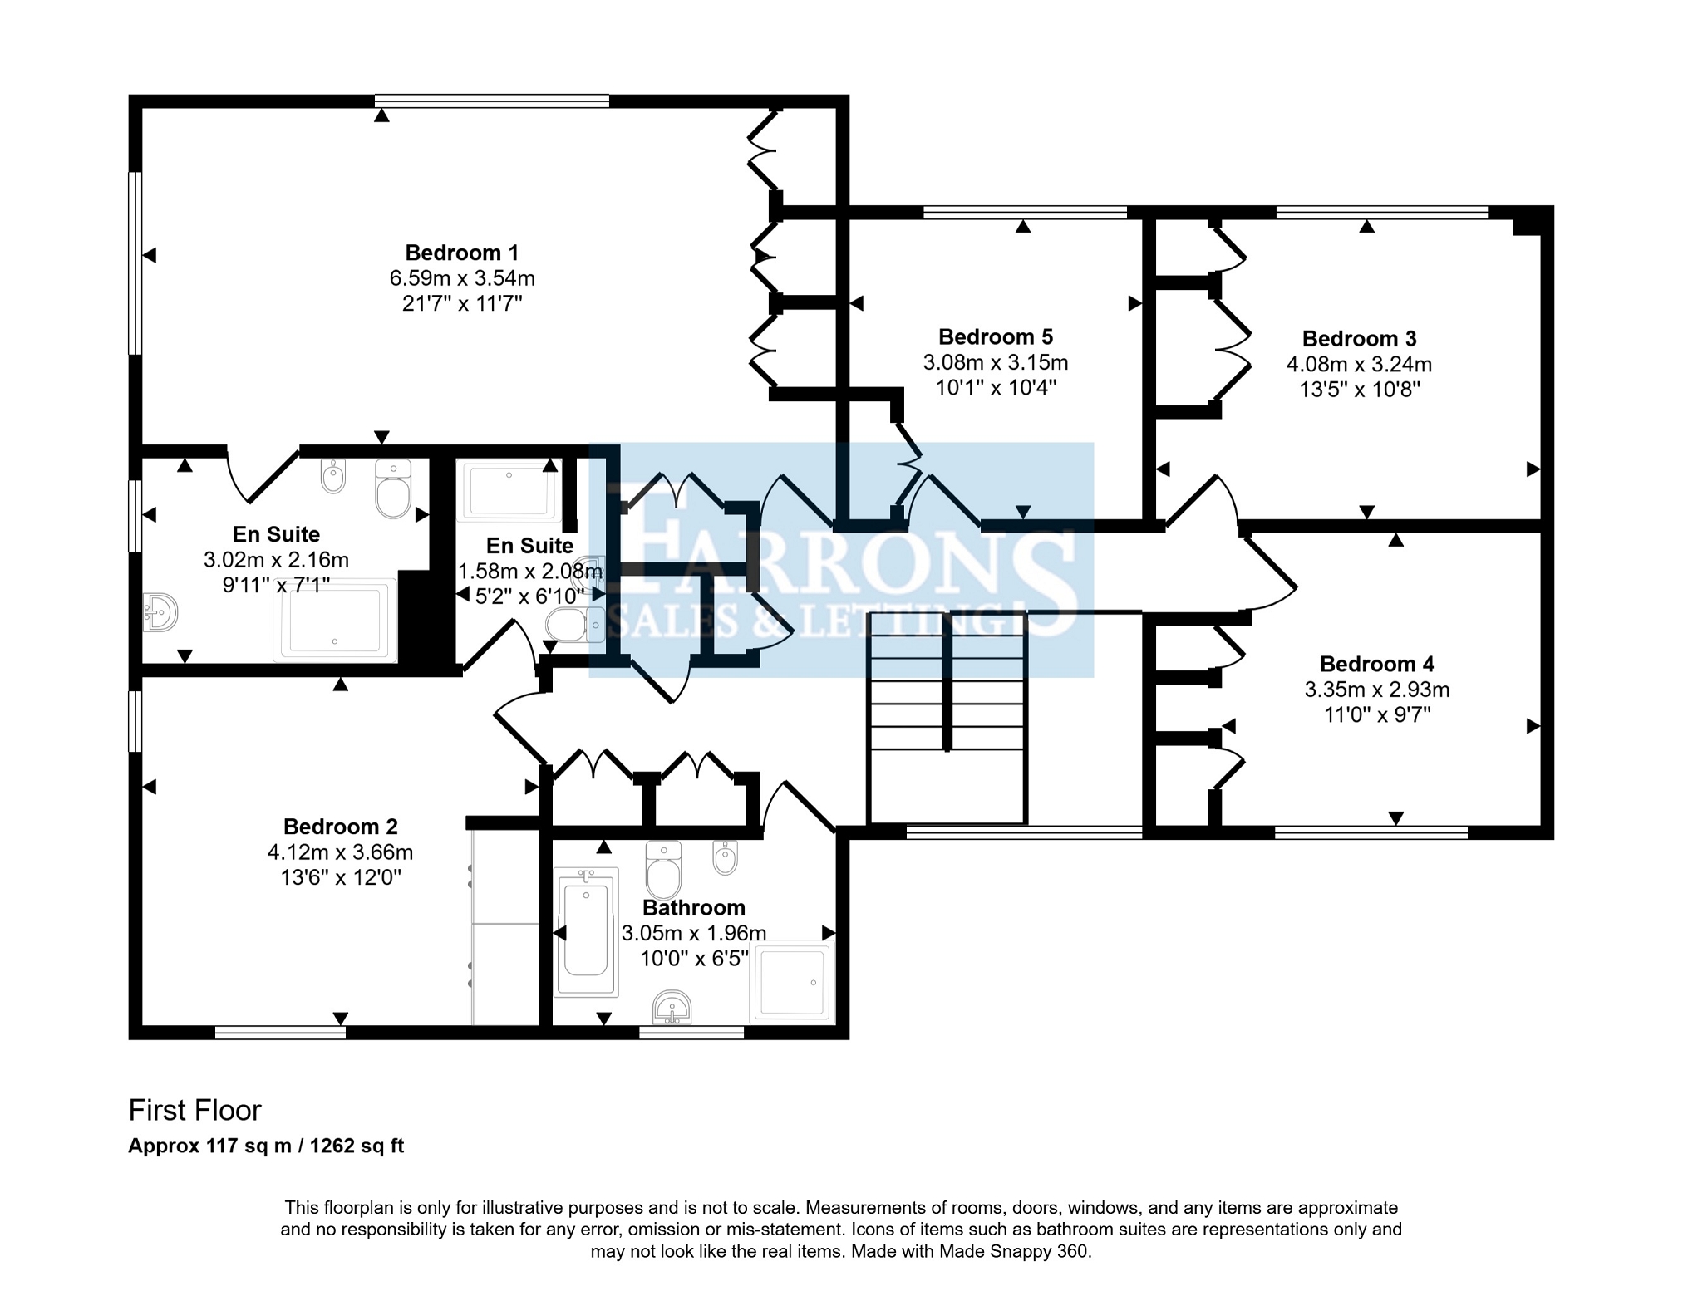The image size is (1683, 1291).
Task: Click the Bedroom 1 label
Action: pyautogui.click(x=462, y=253)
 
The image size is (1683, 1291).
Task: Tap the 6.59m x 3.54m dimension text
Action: pyautogui.click(x=462, y=278)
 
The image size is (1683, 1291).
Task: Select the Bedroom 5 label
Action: pyautogui.click(x=996, y=337)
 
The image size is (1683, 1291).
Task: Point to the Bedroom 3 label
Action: pyautogui.click(x=1360, y=339)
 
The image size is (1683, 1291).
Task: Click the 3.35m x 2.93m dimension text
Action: pyautogui.click(x=1377, y=690)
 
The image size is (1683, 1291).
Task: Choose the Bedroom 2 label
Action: pyautogui.click(x=341, y=827)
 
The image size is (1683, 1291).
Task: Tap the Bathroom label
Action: pyautogui.click(x=694, y=908)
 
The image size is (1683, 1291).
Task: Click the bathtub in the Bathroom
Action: pyautogui.click(x=587, y=931)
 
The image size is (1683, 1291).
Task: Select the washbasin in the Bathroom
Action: pyautogui.click(x=672, y=1007)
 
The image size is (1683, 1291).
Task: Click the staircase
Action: pyautogui.click(x=947, y=718)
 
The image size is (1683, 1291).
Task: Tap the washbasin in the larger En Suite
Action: pyautogui.click(x=160, y=613)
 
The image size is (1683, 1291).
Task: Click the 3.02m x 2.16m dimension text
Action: pyautogui.click(x=276, y=560)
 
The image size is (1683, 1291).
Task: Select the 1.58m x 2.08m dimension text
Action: pyautogui.click(x=530, y=572)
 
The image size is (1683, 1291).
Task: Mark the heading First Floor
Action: pyautogui.click(x=194, y=1111)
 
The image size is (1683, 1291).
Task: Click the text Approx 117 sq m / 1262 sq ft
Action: pyautogui.click(x=266, y=1146)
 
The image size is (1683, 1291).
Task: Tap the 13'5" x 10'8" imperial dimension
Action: pyautogui.click(x=1360, y=390)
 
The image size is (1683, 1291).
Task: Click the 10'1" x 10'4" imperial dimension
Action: pyautogui.click(x=996, y=388)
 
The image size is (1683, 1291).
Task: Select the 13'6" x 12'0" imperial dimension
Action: pyautogui.click(x=341, y=878)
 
